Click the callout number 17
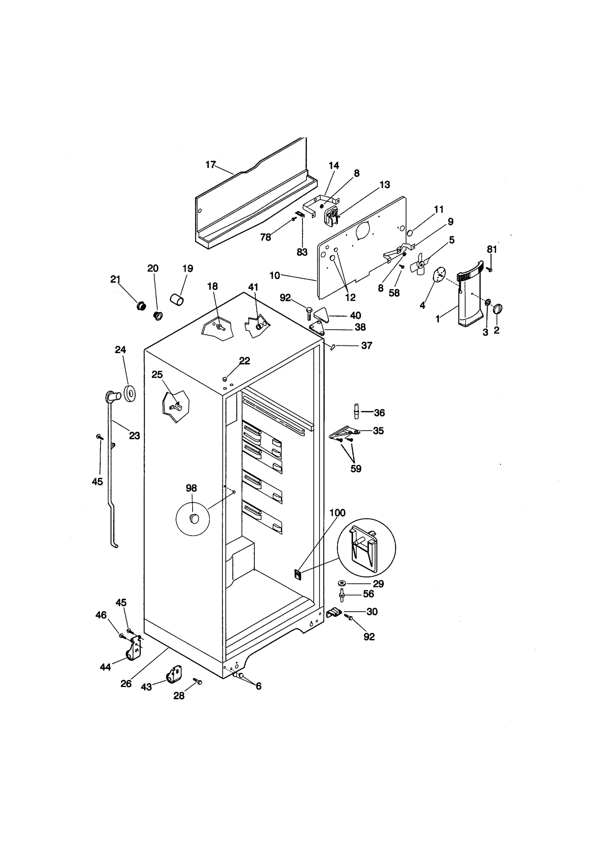coord(210,164)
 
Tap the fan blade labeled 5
coord(420,265)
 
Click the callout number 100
coord(337,513)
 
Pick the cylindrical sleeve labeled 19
coord(177,299)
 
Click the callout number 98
coord(191,488)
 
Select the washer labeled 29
coord(341,583)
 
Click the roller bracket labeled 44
coord(134,650)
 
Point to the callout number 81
coord(492,249)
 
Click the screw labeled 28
coord(198,681)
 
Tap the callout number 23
coord(134,435)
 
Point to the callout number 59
coord(356,469)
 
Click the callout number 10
coord(275,276)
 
